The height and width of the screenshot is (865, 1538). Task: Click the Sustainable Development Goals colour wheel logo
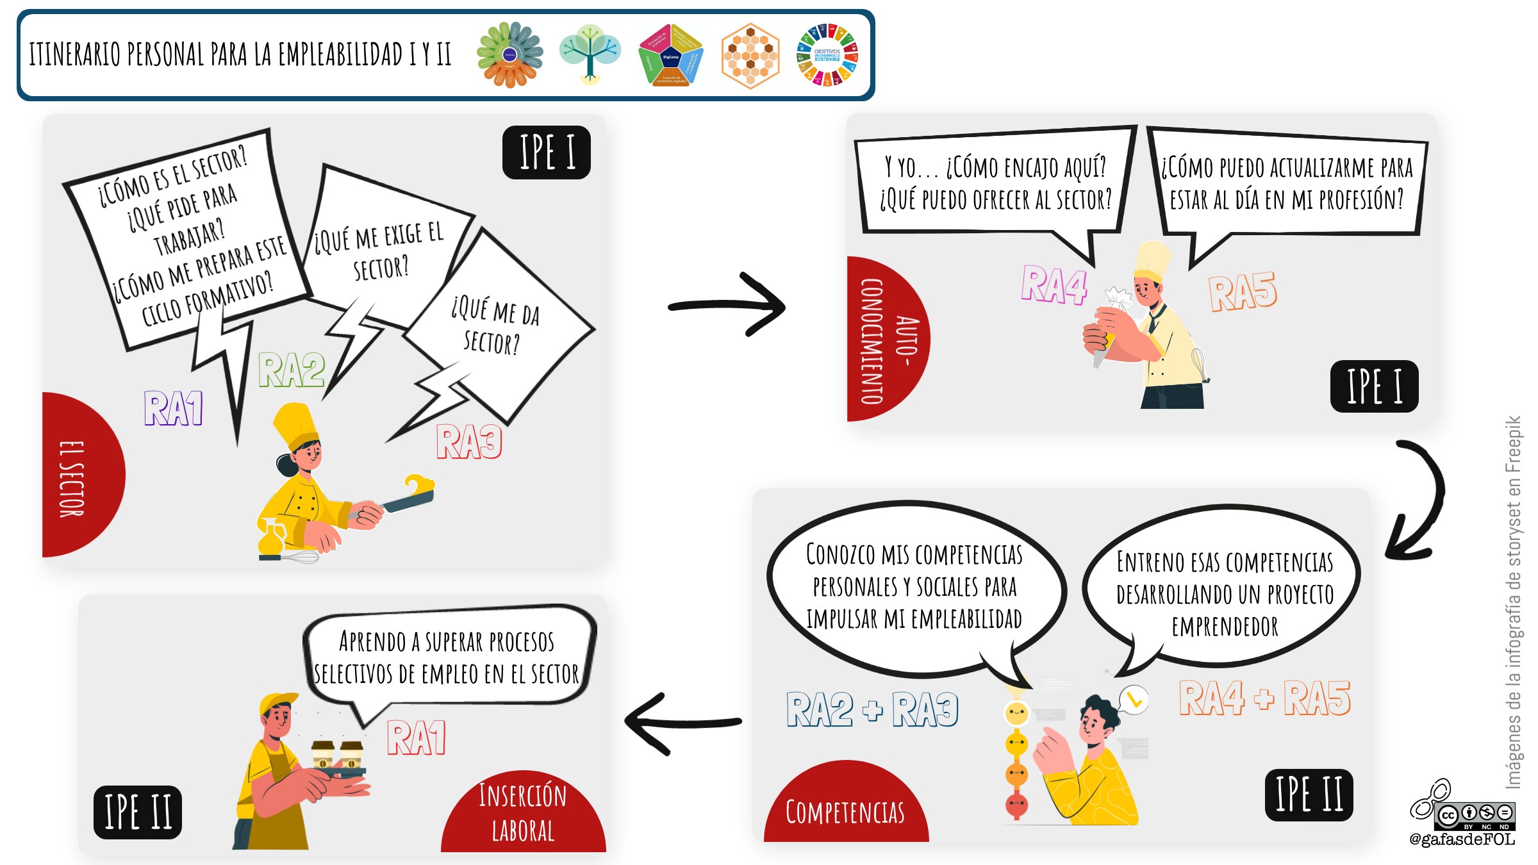click(x=827, y=55)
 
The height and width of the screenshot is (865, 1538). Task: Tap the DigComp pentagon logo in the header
click(x=670, y=56)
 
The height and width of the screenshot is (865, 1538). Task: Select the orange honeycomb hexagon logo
click(x=750, y=56)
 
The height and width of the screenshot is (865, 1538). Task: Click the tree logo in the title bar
click(x=590, y=54)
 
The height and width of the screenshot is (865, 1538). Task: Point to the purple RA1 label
click(x=173, y=408)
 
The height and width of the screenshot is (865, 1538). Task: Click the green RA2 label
click(x=292, y=370)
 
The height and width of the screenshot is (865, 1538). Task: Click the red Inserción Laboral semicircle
click(x=523, y=814)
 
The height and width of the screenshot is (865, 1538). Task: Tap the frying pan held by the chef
click(x=410, y=498)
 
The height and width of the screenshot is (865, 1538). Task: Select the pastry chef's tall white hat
click(x=1152, y=260)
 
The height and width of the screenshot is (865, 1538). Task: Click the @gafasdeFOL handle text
click(x=1462, y=839)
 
